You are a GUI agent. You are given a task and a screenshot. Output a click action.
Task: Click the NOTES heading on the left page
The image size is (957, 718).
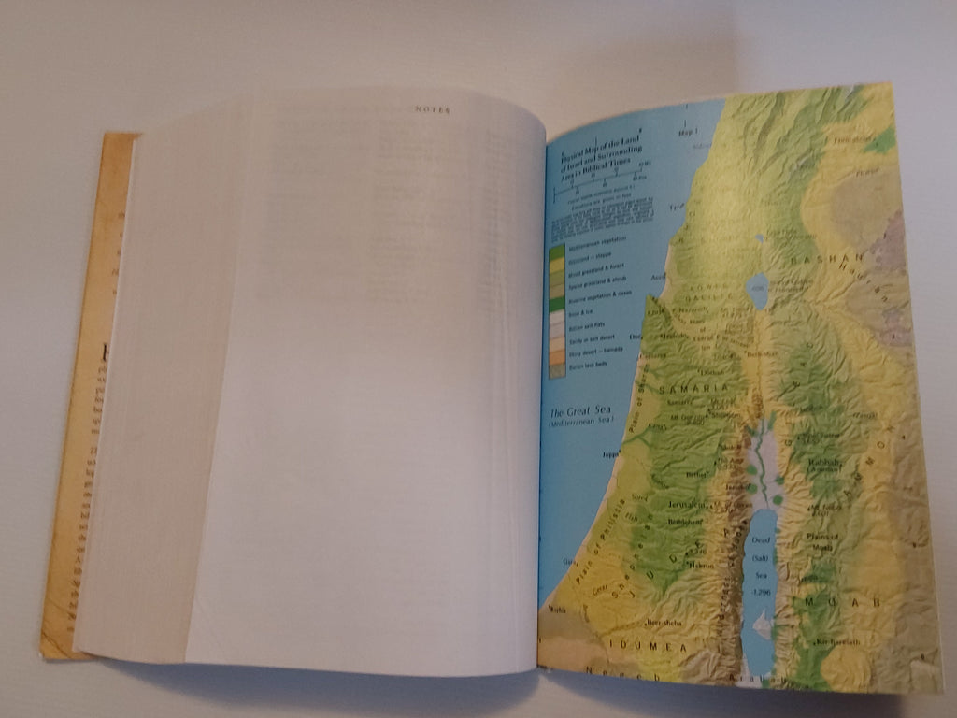pyautogui.click(x=432, y=109)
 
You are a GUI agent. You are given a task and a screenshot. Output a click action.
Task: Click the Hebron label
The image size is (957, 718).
pyautogui.click(x=704, y=564)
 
